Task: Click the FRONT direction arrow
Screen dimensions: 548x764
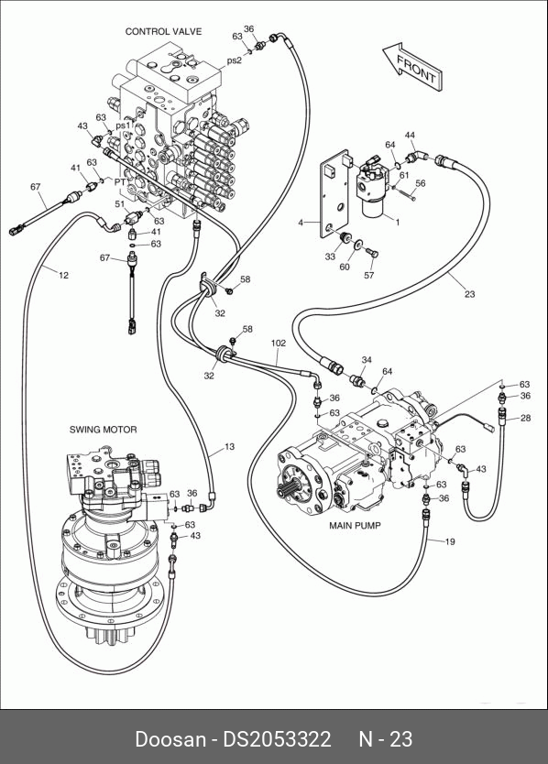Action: [x=412, y=68]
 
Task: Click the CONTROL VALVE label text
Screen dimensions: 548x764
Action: [x=163, y=32]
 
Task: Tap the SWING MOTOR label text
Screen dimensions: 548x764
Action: [x=103, y=430]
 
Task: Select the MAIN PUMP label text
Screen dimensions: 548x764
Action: [x=355, y=526]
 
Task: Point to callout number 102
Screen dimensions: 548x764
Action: [x=279, y=344]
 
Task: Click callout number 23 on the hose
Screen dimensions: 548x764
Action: [x=469, y=294]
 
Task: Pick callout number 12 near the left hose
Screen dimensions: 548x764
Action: [x=63, y=276]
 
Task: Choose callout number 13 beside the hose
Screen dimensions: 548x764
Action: [x=229, y=446]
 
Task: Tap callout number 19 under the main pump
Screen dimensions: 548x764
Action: [x=450, y=541]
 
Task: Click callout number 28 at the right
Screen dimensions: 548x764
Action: [x=526, y=418]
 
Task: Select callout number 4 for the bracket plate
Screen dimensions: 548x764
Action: [x=301, y=223]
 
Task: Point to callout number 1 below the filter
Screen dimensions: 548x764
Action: [x=398, y=223]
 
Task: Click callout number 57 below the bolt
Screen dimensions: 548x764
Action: [x=369, y=276]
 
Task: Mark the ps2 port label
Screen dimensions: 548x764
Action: [x=234, y=60]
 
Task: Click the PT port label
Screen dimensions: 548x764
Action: [x=120, y=181]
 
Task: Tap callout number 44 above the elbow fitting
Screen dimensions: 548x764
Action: [x=410, y=135]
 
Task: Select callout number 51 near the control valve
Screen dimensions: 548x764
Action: [x=120, y=204]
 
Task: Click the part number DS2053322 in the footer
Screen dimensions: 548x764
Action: [x=277, y=739]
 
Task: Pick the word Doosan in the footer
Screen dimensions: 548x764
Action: [x=170, y=739]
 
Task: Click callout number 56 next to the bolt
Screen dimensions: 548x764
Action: [x=421, y=183]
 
